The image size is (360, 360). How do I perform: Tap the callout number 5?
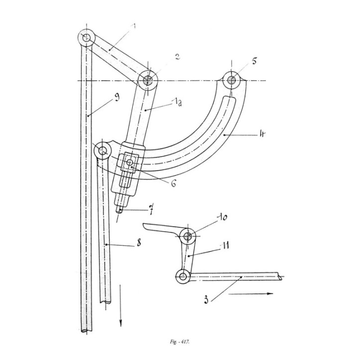coord(255,62)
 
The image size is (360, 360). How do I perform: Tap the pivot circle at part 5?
coord(232,80)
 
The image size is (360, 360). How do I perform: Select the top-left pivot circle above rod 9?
coord(87,38)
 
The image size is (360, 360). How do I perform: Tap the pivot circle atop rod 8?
coord(103,150)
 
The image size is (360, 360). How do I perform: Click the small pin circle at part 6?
coord(130,163)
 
